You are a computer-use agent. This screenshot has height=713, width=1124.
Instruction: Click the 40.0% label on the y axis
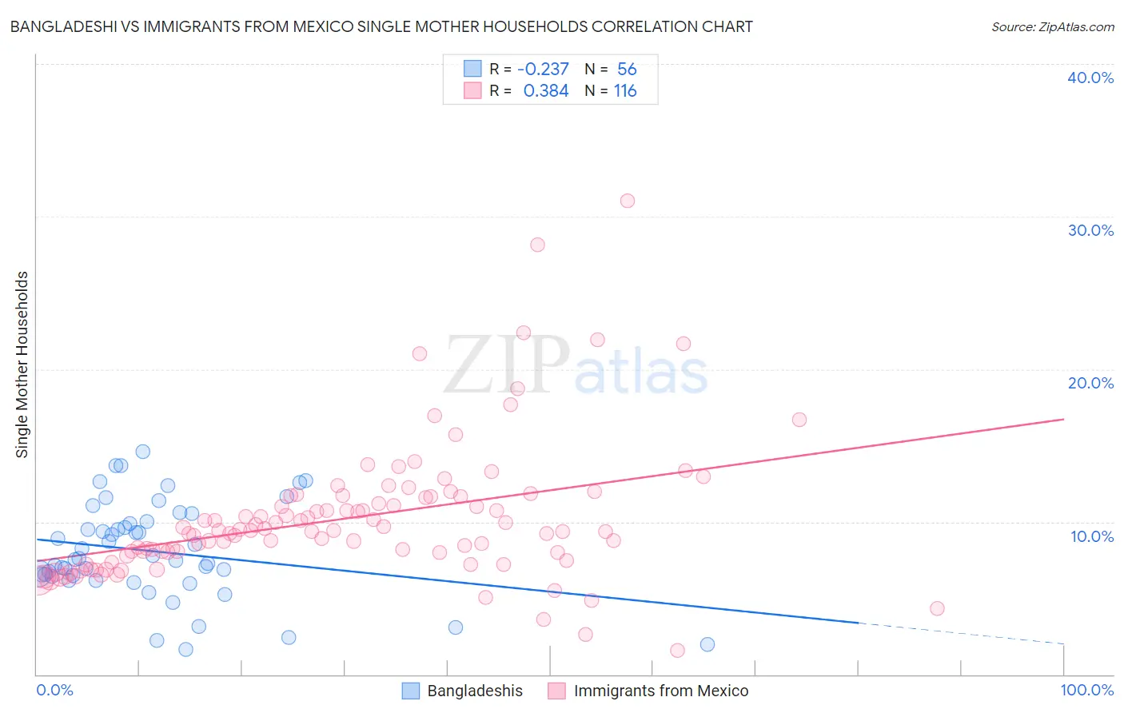(1090, 78)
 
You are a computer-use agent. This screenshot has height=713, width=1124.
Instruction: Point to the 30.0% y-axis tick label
(1090, 230)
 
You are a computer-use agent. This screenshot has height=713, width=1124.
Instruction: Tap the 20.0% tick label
(1090, 383)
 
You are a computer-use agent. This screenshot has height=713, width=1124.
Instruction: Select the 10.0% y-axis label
(1090, 536)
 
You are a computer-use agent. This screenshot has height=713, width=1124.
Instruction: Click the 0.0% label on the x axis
(54, 690)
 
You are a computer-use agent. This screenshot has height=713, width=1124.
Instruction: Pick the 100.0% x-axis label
(1086, 690)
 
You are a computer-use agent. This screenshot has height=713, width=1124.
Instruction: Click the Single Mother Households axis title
(22, 364)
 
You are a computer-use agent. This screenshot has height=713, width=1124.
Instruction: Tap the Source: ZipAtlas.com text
(1052, 26)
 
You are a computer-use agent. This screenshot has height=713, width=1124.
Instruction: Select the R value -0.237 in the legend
(543, 69)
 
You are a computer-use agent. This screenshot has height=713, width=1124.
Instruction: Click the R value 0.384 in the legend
(545, 91)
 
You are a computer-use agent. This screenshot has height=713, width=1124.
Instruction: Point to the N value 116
(624, 91)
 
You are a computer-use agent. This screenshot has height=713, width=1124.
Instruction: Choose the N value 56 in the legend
(627, 69)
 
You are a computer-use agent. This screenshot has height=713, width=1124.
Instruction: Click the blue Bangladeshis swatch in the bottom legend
(410, 691)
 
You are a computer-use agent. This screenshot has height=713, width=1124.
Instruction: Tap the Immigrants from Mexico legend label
(660, 691)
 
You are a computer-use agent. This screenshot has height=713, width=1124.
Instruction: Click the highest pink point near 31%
(628, 201)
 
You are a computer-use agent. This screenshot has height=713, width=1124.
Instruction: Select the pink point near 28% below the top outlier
(537, 245)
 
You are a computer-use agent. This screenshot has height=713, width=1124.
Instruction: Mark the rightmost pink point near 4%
(937, 608)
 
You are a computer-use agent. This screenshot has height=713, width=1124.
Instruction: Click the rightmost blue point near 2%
(707, 644)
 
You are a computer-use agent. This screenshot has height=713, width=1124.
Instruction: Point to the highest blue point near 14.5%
(143, 452)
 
